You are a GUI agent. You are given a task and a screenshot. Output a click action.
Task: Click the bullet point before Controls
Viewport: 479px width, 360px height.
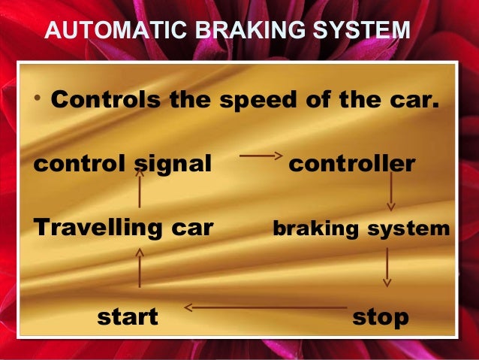[x=37, y=100]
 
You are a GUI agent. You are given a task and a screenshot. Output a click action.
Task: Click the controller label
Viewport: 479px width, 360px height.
[x=351, y=163]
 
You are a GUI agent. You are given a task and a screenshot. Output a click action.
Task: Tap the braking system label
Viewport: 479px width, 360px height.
[x=360, y=228]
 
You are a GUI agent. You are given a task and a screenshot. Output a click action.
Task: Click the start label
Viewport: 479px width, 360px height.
[x=128, y=316]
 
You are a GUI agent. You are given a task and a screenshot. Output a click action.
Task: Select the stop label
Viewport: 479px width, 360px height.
[x=381, y=316]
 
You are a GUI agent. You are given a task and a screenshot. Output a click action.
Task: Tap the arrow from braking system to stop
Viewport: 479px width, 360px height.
[x=387, y=267]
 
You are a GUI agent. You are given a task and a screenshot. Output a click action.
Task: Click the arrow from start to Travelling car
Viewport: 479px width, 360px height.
[x=140, y=268]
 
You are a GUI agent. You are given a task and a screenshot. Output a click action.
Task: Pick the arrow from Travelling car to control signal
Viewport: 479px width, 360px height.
[x=140, y=188]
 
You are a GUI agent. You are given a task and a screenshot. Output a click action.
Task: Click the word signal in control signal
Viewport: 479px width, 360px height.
[x=171, y=163]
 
